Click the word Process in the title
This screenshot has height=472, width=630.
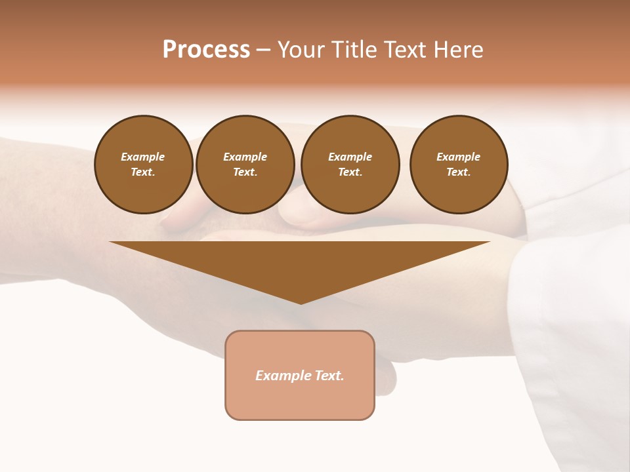tap(206, 50)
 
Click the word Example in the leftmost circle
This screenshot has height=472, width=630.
tap(143, 157)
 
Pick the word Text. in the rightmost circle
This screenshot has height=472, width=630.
tap(458, 172)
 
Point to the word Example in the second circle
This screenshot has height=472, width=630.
tap(245, 157)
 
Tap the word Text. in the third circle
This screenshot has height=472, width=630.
tap(350, 172)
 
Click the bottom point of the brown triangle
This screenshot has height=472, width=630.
tap(300, 302)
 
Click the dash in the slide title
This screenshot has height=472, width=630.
tap(263, 50)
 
